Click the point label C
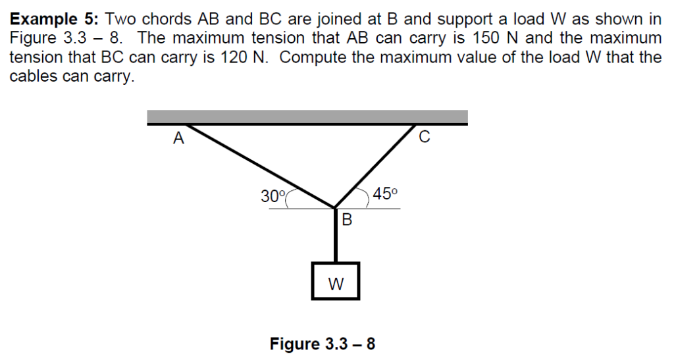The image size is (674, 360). click(424, 138)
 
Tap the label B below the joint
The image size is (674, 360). click(347, 220)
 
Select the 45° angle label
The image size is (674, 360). click(385, 193)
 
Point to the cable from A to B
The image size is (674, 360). click(263, 167)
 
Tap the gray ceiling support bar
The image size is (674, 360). click(307, 117)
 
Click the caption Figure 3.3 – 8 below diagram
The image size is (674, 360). click(323, 344)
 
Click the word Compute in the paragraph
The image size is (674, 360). click(317, 57)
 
